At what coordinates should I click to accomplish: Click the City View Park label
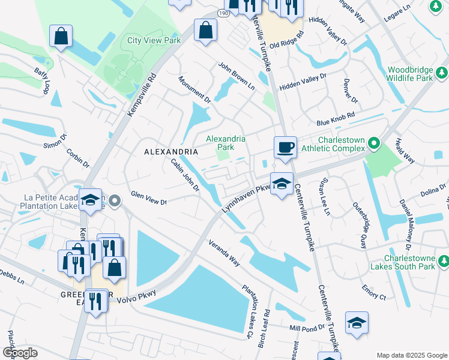pos(154,41)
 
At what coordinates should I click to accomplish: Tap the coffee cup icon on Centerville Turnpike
pos(285,146)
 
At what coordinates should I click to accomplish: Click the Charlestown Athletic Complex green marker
pos(373,143)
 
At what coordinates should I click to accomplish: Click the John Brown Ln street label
pos(236,77)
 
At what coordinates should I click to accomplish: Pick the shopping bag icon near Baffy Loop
pos(61,35)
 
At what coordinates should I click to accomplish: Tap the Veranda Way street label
pos(224,254)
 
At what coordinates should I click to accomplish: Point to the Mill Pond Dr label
pos(306,328)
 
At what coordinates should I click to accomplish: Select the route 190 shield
pos(223,13)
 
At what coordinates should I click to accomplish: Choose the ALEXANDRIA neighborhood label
pos(171,152)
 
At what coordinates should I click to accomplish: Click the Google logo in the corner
pos(20,353)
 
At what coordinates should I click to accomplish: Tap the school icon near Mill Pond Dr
pos(357,323)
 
